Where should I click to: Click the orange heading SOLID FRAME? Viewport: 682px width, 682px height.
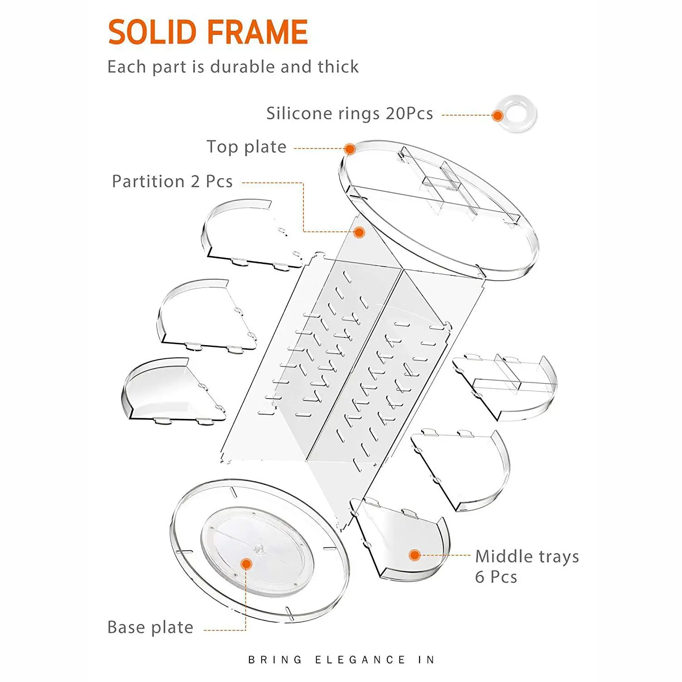point(208,32)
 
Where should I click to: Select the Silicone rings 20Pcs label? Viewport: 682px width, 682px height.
point(349,113)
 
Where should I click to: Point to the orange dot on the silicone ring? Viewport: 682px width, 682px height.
point(497,116)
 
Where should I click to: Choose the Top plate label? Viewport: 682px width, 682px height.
point(246,147)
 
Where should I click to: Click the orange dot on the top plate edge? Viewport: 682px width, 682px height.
point(349,149)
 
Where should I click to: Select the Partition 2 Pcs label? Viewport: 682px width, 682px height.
point(172,181)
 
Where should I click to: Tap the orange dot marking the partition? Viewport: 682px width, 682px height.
point(359,233)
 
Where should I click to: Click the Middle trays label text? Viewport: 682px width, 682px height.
point(527,556)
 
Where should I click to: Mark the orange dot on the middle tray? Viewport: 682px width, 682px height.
point(414,555)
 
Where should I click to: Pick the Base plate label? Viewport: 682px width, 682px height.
point(151,627)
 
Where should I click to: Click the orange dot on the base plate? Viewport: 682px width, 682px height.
point(246,564)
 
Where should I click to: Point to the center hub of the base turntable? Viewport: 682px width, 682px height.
point(259,549)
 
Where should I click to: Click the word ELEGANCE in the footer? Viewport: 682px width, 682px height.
point(360,660)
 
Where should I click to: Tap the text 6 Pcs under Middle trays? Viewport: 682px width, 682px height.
point(496,577)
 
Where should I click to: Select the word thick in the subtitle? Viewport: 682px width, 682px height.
point(338,67)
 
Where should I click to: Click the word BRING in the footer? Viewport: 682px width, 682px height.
point(275,660)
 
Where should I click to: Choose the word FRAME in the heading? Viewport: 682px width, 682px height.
point(258,32)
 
